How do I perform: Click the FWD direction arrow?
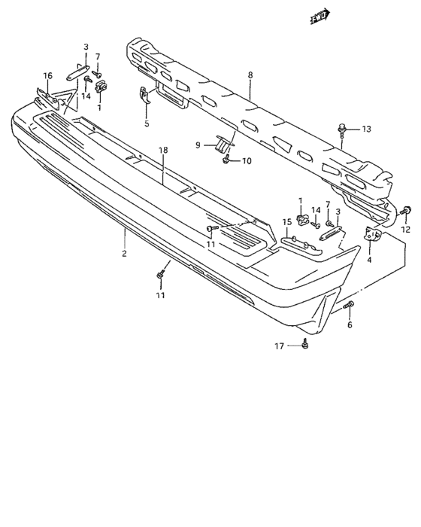click(x=320, y=17)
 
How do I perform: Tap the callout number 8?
click(x=250, y=75)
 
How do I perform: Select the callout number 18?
click(x=163, y=150)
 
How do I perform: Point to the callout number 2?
click(x=124, y=254)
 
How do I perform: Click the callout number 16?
click(x=48, y=75)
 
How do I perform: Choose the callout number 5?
click(x=147, y=123)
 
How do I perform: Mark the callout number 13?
click(x=366, y=129)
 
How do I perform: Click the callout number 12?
click(x=406, y=230)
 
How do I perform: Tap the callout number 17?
click(x=280, y=346)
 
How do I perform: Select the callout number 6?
click(x=350, y=324)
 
